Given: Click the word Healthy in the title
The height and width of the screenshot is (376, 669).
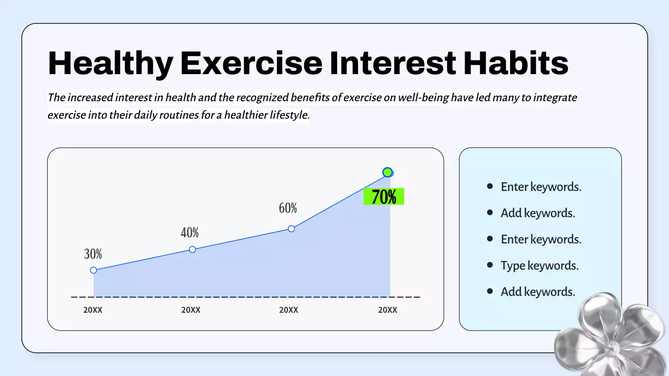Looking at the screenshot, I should (x=110, y=63).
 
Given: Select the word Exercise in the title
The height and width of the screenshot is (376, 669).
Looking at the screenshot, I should (x=251, y=63).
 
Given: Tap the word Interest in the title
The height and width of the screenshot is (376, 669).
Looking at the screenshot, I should (x=393, y=63).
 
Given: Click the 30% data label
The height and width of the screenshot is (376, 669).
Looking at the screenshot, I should (x=93, y=254).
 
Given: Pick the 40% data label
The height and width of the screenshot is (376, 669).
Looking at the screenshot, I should (x=190, y=233).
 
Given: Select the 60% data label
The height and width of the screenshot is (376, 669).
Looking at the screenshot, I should (x=288, y=208).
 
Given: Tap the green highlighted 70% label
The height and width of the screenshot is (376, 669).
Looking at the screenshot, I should (x=384, y=197).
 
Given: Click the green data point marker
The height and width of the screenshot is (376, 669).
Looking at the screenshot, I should (x=387, y=172).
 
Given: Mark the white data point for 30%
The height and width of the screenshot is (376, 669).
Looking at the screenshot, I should (x=94, y=270).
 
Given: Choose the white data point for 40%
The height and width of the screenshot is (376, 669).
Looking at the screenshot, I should (x=192, y=250).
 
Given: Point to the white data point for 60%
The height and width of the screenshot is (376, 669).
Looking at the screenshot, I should (x=292, y=229).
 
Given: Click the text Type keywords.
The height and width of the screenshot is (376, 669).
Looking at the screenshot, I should (x=539, y=265).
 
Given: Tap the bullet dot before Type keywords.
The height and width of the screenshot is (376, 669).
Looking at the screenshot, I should (x=490, y=265).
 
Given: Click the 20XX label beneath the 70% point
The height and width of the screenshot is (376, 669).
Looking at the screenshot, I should (x=387, y=310).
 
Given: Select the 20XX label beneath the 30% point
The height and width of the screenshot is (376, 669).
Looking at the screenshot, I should (x=93, y=310).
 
